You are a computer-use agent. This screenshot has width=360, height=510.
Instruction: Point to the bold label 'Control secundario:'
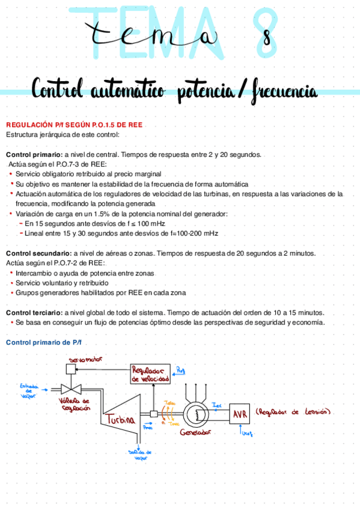[x=39, y=254]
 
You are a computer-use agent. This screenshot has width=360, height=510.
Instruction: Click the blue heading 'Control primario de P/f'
[x=43, y=342]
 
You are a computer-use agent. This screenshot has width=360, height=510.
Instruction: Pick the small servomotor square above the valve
[x=70, y=368]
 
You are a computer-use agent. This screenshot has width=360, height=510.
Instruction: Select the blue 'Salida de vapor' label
[x=140, y=455]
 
